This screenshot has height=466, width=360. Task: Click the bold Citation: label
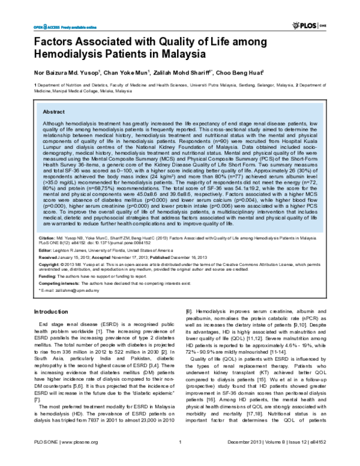tap(43, 238)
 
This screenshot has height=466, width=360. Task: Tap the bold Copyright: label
tap(46, 264)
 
